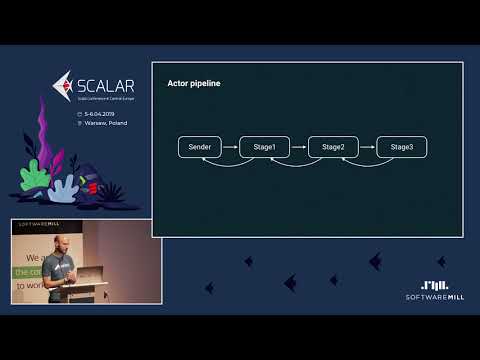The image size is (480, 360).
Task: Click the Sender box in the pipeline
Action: pos(199,147)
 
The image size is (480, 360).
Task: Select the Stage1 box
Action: pos(265,147)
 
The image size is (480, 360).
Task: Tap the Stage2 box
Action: pos(333,147)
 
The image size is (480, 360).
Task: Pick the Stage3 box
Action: pos(402,147)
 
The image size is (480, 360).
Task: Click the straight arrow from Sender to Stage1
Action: pos(231,147)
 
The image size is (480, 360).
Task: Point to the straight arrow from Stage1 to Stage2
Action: pos(299,147)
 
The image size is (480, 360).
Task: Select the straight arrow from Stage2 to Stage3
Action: pos(367,147)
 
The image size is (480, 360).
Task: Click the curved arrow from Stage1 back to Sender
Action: pos(231,163)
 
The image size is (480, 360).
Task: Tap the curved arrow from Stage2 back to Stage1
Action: pos(299,163)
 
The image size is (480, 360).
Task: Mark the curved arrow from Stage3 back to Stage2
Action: pos(367,163)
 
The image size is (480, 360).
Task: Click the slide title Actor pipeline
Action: pos(193,83)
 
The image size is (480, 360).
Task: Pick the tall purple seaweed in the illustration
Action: pos(44,146)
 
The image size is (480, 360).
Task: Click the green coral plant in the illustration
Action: pos(35,179)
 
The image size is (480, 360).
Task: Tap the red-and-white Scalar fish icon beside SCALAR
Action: pos(62,86)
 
